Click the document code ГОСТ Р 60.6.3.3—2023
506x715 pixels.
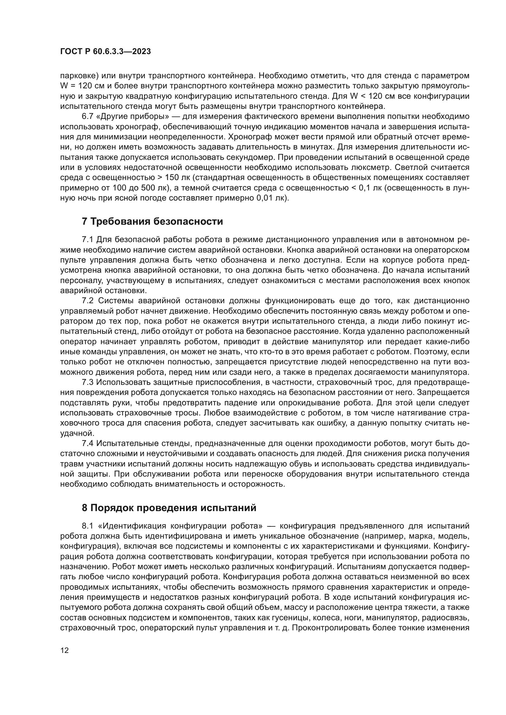click(x=105, y=52)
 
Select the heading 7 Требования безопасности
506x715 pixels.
click(x=152, y=221)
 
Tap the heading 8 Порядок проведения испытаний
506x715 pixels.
click(x=169, y=508)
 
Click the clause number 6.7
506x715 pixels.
click(x=87, y=116)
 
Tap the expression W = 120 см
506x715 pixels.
click(x=83, y=86)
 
